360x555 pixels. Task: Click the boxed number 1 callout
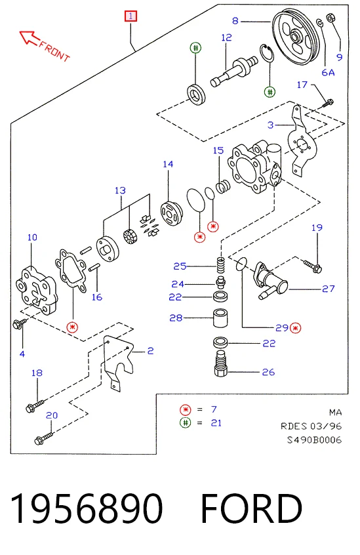[130, 16]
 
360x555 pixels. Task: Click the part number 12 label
[226, 37]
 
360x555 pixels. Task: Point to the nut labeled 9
[331, 17]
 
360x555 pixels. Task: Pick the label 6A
[328, 73]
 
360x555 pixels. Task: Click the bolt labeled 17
[328, 103]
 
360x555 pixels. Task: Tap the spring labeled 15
[223, 186]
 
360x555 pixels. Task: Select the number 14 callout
[168, 164]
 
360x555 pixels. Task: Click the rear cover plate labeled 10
[36, 290]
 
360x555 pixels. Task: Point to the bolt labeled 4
[20, 323]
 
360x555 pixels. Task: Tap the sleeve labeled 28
[220, 318]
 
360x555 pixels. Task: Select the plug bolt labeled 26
[221, 363]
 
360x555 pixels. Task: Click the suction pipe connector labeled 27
[270, 281]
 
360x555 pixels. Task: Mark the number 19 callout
[317, 228]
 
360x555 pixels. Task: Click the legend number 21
[216, 423]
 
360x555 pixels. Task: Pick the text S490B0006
[314, 440]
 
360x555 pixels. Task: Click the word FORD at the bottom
[251, 508]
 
